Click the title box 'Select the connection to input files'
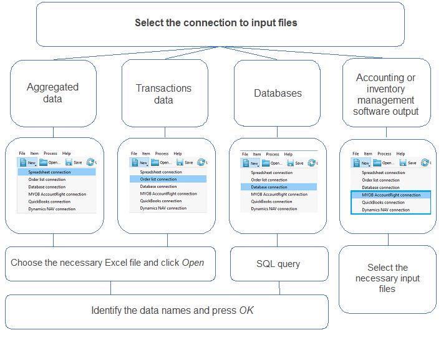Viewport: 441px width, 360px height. [x=216, y=23]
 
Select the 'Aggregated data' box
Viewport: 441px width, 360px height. [x=53, y=93]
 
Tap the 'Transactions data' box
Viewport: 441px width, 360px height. [x=164, y=94]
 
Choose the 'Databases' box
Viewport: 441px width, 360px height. [x=278, y=93]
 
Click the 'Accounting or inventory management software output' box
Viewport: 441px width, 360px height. [x=385, y=94]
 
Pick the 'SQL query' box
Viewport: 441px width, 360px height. [x=278, y=264]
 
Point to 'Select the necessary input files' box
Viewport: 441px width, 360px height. [x=387, y=278]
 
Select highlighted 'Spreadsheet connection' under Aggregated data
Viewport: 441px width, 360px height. [x=53, y=172]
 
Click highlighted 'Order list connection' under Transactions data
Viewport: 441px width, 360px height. [x=158, y=179]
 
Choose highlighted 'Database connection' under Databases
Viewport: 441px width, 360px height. [x=269, y=187]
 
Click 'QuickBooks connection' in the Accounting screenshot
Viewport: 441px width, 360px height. [x=384, y=202]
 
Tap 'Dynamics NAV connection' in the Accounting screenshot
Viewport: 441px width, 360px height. [x=386, y=210]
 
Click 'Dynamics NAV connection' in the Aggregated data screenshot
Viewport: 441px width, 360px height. [x=52, y=209]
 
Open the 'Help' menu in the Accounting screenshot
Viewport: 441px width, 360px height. [x=399, y=153]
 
